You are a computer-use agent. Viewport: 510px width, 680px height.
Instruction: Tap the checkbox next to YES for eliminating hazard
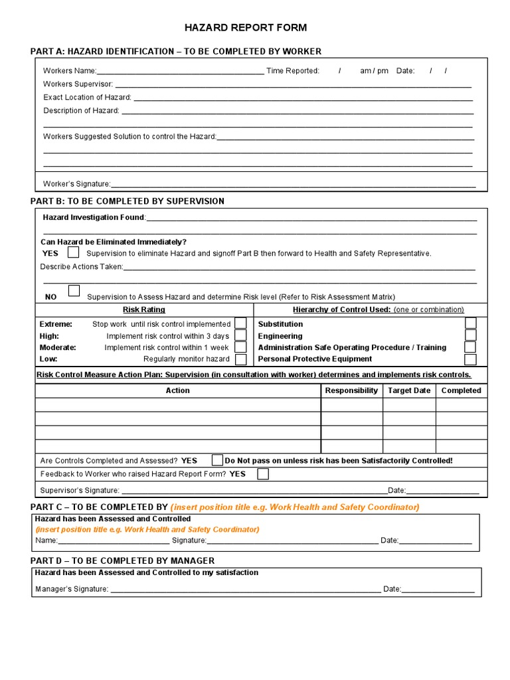point(73,252)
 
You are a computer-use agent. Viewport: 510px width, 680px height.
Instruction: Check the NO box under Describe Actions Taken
point(74,291)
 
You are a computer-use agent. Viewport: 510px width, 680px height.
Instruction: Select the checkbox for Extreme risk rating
point(241,323)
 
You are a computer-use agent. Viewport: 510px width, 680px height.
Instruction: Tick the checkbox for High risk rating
point(241,335)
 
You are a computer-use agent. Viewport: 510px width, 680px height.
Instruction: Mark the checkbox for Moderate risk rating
point(241,347)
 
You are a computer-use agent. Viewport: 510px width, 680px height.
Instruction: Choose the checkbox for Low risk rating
point(241,359)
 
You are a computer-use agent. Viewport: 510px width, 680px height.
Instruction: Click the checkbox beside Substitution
point(470,323)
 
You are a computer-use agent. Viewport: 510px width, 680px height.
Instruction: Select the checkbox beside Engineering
point(470,335)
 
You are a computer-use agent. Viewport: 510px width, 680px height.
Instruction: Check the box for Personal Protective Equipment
point(470,359)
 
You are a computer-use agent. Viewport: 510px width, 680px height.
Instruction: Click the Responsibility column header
point(351,390)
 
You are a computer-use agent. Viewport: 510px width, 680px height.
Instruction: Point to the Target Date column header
point(409,390)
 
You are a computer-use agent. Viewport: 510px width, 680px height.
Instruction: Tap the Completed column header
point(462,390)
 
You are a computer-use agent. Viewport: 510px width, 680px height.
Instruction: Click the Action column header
point(177,390)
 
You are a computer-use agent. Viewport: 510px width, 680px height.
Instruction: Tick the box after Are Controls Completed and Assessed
point(217,460)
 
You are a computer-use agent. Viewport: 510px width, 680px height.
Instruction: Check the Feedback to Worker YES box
point(263,474)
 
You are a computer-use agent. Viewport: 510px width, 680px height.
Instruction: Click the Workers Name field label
point(70,71)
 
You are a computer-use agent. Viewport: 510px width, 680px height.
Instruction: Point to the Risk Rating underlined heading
point(144,309)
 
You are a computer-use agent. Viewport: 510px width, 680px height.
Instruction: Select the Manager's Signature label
point(71,588)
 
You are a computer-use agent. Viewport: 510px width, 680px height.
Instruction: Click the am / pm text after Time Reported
point(374,71)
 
